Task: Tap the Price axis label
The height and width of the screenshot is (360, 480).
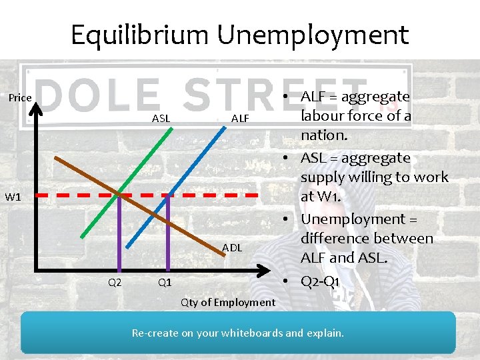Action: tap(20, 98)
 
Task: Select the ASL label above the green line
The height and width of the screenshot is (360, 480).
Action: tap(161, 119)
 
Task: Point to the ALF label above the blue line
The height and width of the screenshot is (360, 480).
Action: tap(240, 119)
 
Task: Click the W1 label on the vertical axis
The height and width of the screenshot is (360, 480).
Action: tap(13, 197)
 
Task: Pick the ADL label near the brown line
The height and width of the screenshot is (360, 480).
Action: tap(232, 248)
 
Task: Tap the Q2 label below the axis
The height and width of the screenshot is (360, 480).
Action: tap(115, 282)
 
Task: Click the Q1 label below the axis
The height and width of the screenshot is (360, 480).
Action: tap(165, 282)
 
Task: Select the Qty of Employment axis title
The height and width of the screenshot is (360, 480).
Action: tap(228, 303)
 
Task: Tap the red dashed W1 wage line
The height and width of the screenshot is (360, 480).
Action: tap(213, 195)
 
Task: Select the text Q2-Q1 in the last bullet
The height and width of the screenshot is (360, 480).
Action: tap(320, 281)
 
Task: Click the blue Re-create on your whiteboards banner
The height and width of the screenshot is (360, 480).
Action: tap(238, 332)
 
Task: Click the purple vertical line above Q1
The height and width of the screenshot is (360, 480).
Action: tap(168, 233)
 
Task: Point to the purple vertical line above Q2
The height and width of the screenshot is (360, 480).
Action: tap(119, 233)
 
